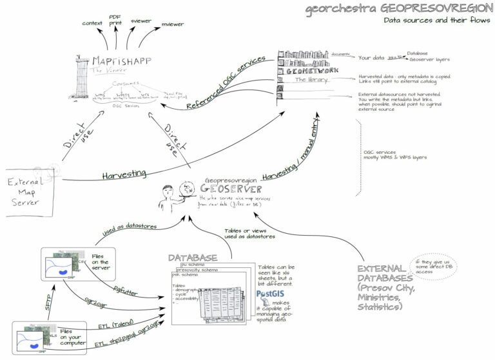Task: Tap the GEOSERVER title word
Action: [x=231, y=189]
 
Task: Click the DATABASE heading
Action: [x=193, y=258]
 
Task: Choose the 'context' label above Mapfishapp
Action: [x=93, y=23]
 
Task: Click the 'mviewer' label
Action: [x=172, y=24]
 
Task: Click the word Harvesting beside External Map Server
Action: [x=123, y=174]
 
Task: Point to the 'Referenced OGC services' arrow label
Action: [x=225, y=82]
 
